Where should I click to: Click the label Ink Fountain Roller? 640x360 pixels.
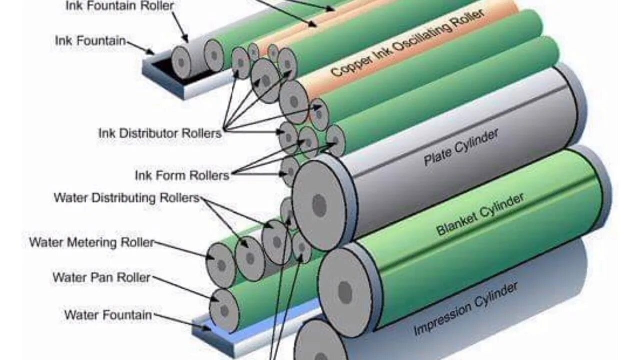(120, 6)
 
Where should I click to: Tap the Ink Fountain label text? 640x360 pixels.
(90, 40)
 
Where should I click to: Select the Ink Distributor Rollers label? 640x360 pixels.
(159, 133)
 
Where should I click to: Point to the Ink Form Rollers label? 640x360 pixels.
(182, 175)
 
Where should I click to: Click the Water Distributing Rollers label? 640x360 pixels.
(126, 198)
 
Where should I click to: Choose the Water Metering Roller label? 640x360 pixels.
(91, 242)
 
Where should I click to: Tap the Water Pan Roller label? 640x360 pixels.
(101, 277)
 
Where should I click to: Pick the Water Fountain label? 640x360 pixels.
(108, 315)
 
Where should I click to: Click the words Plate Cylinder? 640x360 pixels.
(461, 147)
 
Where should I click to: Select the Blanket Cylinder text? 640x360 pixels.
(480, 213)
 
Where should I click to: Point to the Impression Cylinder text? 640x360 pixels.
(465, 308)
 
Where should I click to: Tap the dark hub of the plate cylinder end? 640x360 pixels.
(319, 205)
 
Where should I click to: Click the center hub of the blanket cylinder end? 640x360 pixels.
(345, 292)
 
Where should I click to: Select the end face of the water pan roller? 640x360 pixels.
(224, 310)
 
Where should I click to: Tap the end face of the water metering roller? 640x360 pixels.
(221, 265)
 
